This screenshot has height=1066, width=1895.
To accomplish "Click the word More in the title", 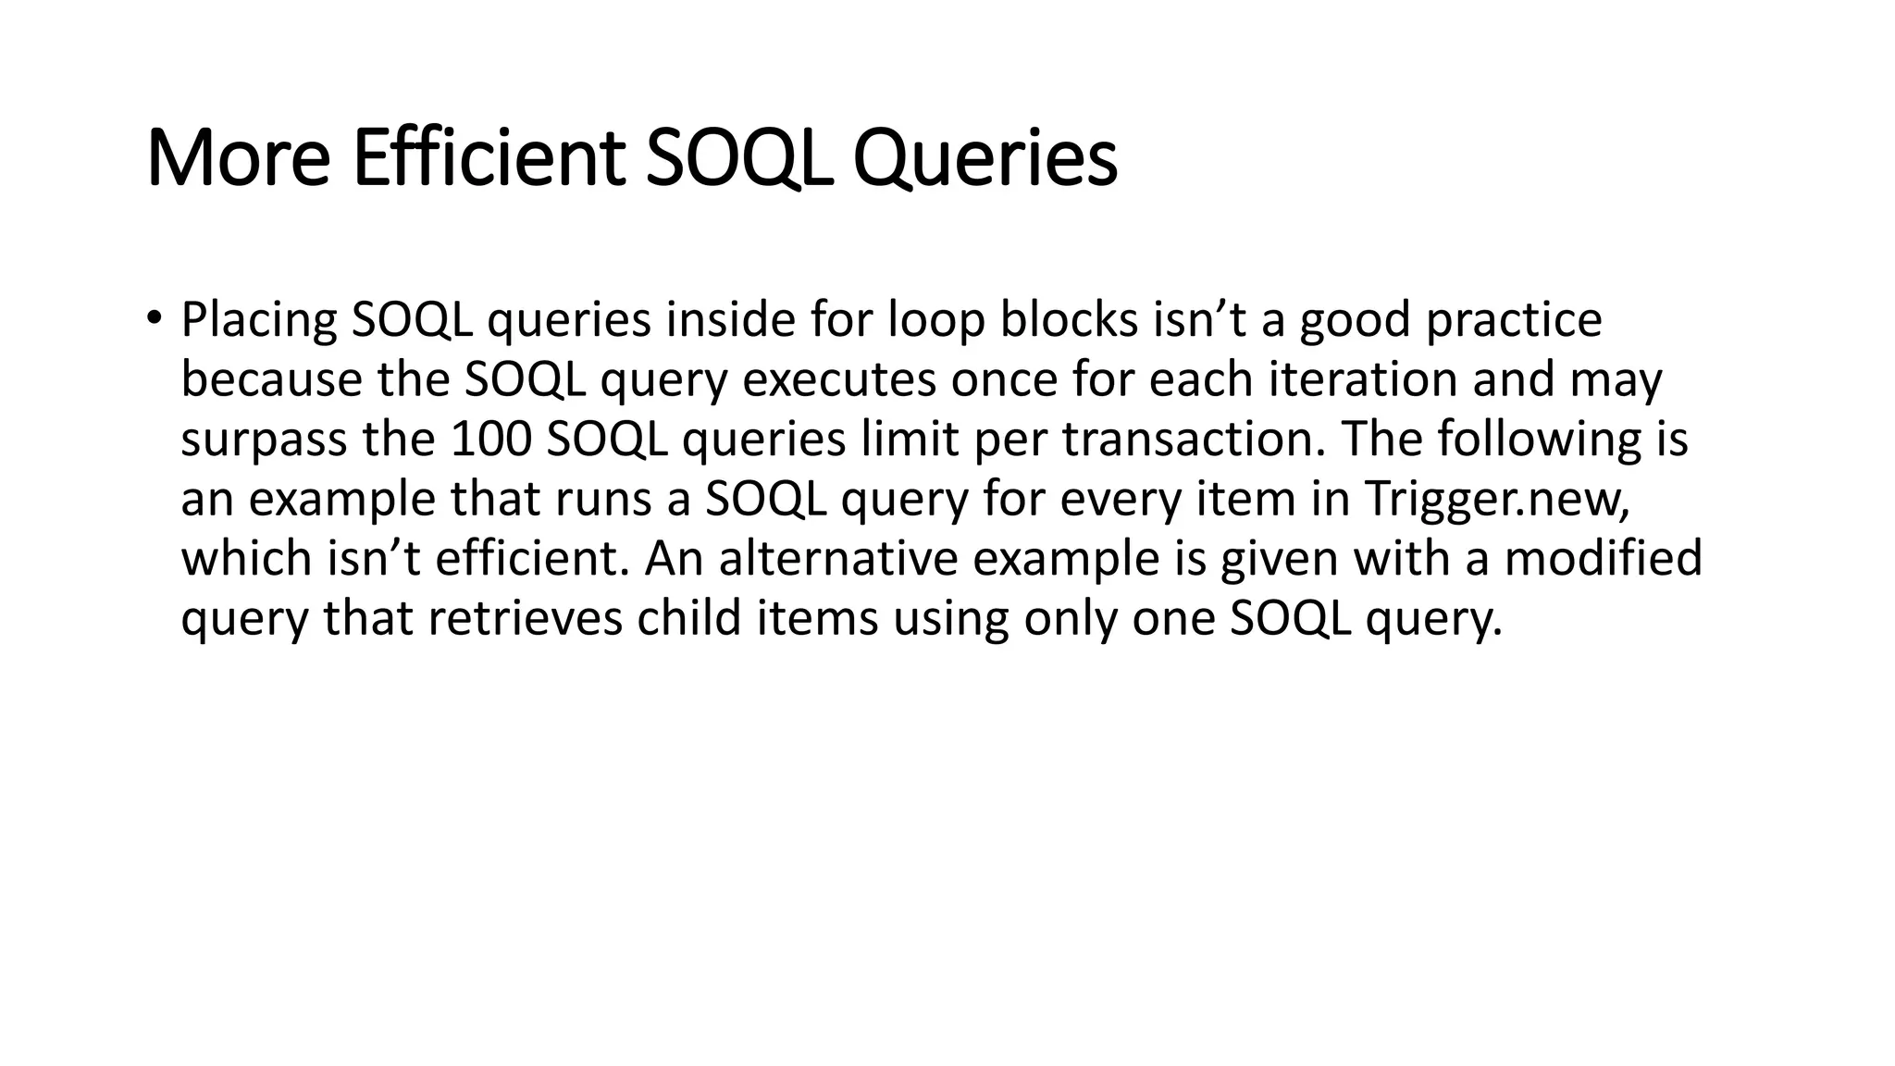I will tap(238, 160).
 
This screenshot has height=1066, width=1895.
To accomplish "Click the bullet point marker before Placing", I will tap(153, 319).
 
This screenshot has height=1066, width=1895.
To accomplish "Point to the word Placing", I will tap(258, 321).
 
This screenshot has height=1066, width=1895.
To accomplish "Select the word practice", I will tap(1514, 321).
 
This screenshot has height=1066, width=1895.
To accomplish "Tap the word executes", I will tap(839, 380).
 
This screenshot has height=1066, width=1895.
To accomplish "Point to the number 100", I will tap(490, 440).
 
